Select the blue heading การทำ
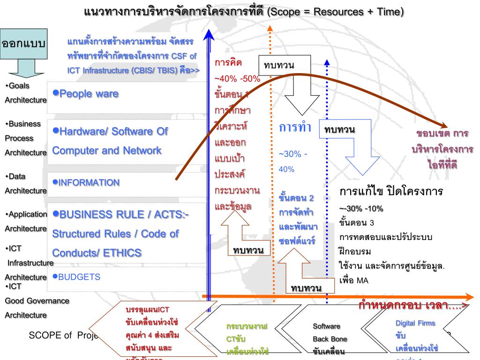[x=295, y=128]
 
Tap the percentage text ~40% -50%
[x=237, y=78]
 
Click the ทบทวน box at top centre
[x=279, y=65]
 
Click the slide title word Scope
[x=283, y=10]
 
